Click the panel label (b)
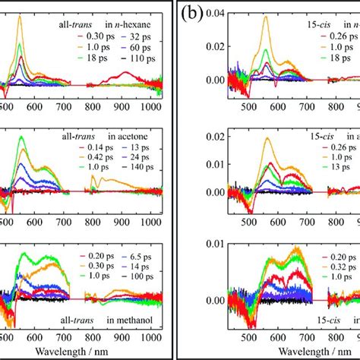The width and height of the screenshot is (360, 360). (192, 14)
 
